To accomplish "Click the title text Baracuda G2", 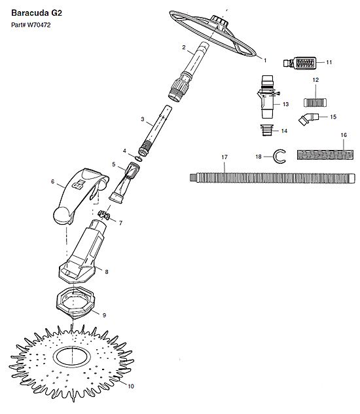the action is (x=37, y=13).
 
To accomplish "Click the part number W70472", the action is (x=39, y=25).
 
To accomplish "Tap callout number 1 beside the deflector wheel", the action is (x=265, y=60).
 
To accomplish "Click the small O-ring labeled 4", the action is (x=139, y=159).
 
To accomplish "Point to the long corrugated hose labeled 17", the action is (x=272, y=178).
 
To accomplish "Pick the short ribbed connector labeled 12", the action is (x=315, y=102).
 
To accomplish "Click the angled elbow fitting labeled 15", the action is (x=308, y=119).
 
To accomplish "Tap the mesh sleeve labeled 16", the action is (x=325, y=155).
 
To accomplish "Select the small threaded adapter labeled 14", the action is (x=266, y=130).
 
